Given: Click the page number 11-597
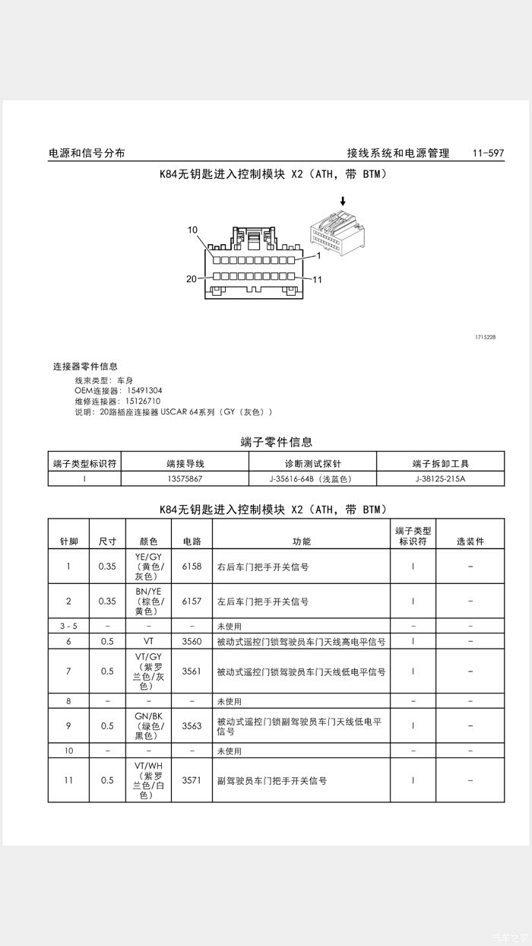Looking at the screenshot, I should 488,153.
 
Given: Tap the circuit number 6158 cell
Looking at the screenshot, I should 192,567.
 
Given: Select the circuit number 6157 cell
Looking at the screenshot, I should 192,601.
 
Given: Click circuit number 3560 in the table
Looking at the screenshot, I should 192,641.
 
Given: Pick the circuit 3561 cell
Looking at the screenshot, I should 192,671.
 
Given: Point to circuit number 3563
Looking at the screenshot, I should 192,725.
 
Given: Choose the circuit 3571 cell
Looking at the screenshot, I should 192,780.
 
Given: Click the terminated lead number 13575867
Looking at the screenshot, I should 185,479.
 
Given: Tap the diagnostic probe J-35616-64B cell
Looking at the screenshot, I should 312,479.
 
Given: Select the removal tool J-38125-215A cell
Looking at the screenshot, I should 440,479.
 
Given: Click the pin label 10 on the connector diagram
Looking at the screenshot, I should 192,230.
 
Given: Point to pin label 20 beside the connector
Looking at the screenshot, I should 192,278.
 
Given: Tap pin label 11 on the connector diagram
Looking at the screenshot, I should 318,280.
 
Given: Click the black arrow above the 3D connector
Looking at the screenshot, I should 343,202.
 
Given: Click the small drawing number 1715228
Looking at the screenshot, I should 485,336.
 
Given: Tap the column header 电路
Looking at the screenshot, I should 192,541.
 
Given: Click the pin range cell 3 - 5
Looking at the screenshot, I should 68,626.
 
